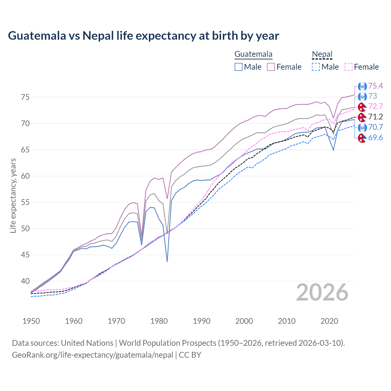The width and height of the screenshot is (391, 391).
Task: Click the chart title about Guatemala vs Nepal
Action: point(143,36)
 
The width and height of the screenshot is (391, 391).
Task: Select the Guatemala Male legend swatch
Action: point(239,67)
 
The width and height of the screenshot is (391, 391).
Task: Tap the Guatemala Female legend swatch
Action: point(271,67)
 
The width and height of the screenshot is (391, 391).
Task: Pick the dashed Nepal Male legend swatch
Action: point(316,67)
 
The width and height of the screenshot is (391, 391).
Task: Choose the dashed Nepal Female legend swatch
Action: point(349,67)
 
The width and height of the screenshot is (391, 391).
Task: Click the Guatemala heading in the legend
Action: point(253,54)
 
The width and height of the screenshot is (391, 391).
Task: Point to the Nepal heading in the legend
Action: point(322,54)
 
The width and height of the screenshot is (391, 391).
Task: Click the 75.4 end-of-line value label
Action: point(375,86)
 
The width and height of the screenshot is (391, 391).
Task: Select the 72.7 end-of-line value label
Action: point(375,106)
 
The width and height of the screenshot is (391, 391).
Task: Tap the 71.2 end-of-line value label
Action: point(375,117)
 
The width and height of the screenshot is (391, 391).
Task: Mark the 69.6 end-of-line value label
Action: point(375,137)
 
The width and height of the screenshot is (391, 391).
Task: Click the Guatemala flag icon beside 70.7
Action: point(362,127)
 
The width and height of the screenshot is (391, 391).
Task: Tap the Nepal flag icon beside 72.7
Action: point(362,107)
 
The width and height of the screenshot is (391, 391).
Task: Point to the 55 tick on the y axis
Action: point(25,202)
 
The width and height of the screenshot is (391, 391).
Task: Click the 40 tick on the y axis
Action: point(25,281)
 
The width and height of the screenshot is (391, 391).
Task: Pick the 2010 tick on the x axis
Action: point(287,321)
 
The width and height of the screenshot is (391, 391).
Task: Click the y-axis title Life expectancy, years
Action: point(13,195)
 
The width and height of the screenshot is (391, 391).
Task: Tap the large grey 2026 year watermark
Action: point(322,292)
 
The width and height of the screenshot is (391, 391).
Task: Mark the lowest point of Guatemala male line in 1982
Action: point(167,261)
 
